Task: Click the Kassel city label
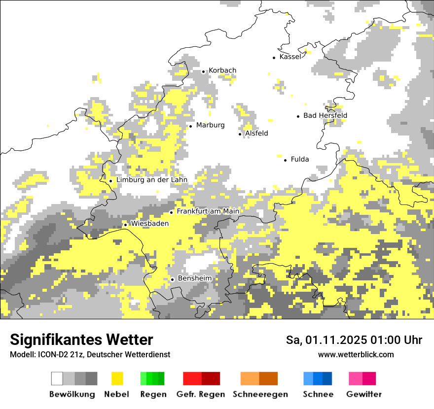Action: point(290,57)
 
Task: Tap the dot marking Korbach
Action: point(203,71)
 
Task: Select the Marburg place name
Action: point(210,125)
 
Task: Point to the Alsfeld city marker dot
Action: point(240,134)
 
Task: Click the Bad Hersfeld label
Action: point(325,116)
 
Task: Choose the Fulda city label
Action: point(300,159)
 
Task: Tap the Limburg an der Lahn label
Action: point(151,180)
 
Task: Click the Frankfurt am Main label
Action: point(208,211)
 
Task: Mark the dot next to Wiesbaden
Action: point(125,225)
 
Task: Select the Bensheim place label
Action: point(194,278)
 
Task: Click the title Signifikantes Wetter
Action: point(81,340)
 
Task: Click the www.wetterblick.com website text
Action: point(356,355)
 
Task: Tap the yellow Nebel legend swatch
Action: point(117,378)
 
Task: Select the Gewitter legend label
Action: point(363,394)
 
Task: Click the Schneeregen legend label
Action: point(260,394)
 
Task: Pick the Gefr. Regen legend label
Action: point(200,394)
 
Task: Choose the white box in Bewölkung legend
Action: point(57,378)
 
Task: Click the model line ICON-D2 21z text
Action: point(90,355)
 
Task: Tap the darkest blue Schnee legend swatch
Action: point(327,378)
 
